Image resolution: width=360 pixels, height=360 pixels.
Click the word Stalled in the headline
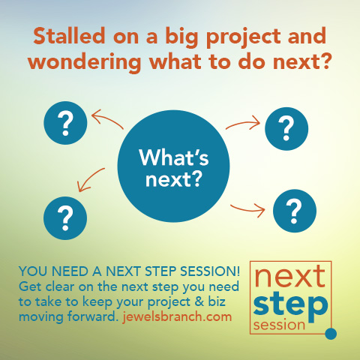point(69,36)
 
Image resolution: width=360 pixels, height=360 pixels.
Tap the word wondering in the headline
point(85,62)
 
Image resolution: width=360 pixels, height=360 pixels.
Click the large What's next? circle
point(173,166)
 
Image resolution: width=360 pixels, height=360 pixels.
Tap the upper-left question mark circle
point(65,123)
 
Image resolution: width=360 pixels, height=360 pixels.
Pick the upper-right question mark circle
point(286,129)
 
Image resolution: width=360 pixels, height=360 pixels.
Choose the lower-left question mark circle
point(65,218)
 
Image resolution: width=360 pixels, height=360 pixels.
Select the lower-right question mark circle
point(295,211)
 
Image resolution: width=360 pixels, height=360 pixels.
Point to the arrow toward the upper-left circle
point(108,118)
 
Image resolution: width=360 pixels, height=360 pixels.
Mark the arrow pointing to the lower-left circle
point(88,178)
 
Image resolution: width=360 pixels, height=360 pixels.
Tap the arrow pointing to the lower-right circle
point(247,209)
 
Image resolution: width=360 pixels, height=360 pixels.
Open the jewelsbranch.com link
point(177,316)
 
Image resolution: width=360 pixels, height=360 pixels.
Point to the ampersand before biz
point(199,301)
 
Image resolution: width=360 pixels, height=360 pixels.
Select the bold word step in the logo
point(290,307)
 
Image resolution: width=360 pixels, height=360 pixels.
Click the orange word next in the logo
point(290,276)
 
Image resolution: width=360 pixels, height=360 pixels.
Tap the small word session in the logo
point(279,325)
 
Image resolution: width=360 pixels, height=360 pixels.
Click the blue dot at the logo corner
point(331,334)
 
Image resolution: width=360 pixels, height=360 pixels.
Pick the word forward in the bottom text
point(92,316)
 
